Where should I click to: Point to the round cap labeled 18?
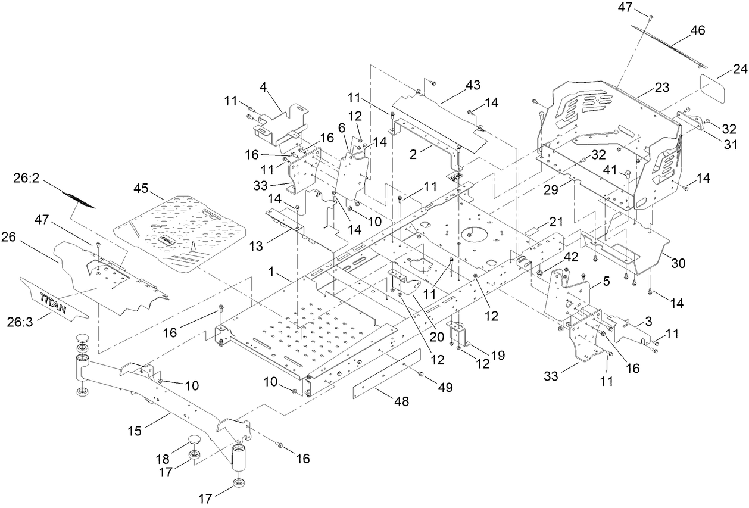click(195, 441)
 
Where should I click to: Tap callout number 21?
click(554, 222)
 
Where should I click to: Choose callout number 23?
click(662, 88)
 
